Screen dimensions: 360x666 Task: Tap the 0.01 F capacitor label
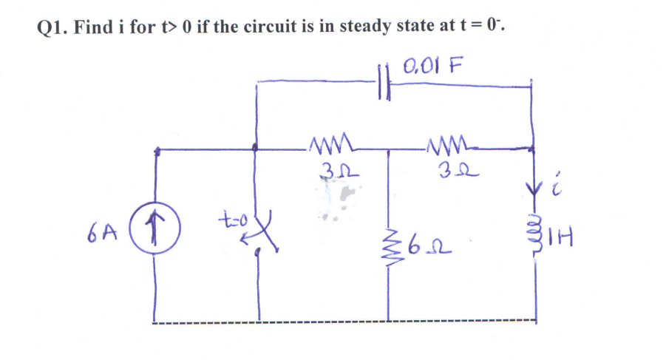tap(432, 64)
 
